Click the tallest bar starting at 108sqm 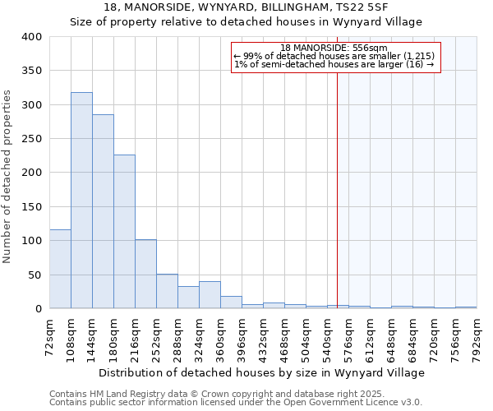pos(81,201)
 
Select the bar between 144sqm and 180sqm pos(103,211)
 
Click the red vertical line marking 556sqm pos(337,189)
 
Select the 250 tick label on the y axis pos(31,139)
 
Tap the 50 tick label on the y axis pos(35,275)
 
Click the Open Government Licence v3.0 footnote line pos(236,402)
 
